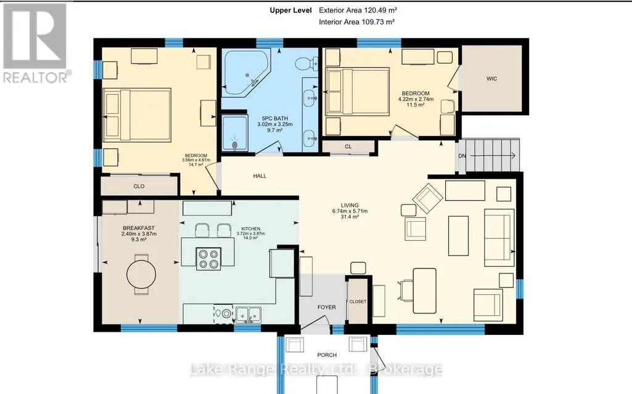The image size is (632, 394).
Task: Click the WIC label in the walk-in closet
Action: point(491,79)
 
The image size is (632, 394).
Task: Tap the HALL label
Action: point(260,176)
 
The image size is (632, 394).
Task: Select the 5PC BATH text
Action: point(275,118)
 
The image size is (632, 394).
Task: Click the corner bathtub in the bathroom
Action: point(247,73)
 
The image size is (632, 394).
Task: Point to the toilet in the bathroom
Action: point(306,63)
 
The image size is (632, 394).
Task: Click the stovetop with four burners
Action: point(208,259)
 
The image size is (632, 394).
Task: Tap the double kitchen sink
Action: point(248,313)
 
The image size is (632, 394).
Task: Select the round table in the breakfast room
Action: point(141,275)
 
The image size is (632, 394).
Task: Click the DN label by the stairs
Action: point(462,156)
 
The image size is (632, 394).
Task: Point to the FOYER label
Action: point(326,307)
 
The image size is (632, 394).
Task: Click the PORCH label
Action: point(327,355)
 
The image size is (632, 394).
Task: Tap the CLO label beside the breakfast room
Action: point(139,187)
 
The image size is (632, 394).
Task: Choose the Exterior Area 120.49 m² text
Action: point(355,10)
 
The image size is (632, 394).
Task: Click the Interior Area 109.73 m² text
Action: point(357,22)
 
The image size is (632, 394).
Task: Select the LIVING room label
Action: point(350,205)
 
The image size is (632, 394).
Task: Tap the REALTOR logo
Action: point(36,42)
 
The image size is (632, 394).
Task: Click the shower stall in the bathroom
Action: point(234,133)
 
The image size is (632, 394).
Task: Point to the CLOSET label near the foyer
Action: point(358,302)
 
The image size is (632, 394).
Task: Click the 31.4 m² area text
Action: point(350,217)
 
